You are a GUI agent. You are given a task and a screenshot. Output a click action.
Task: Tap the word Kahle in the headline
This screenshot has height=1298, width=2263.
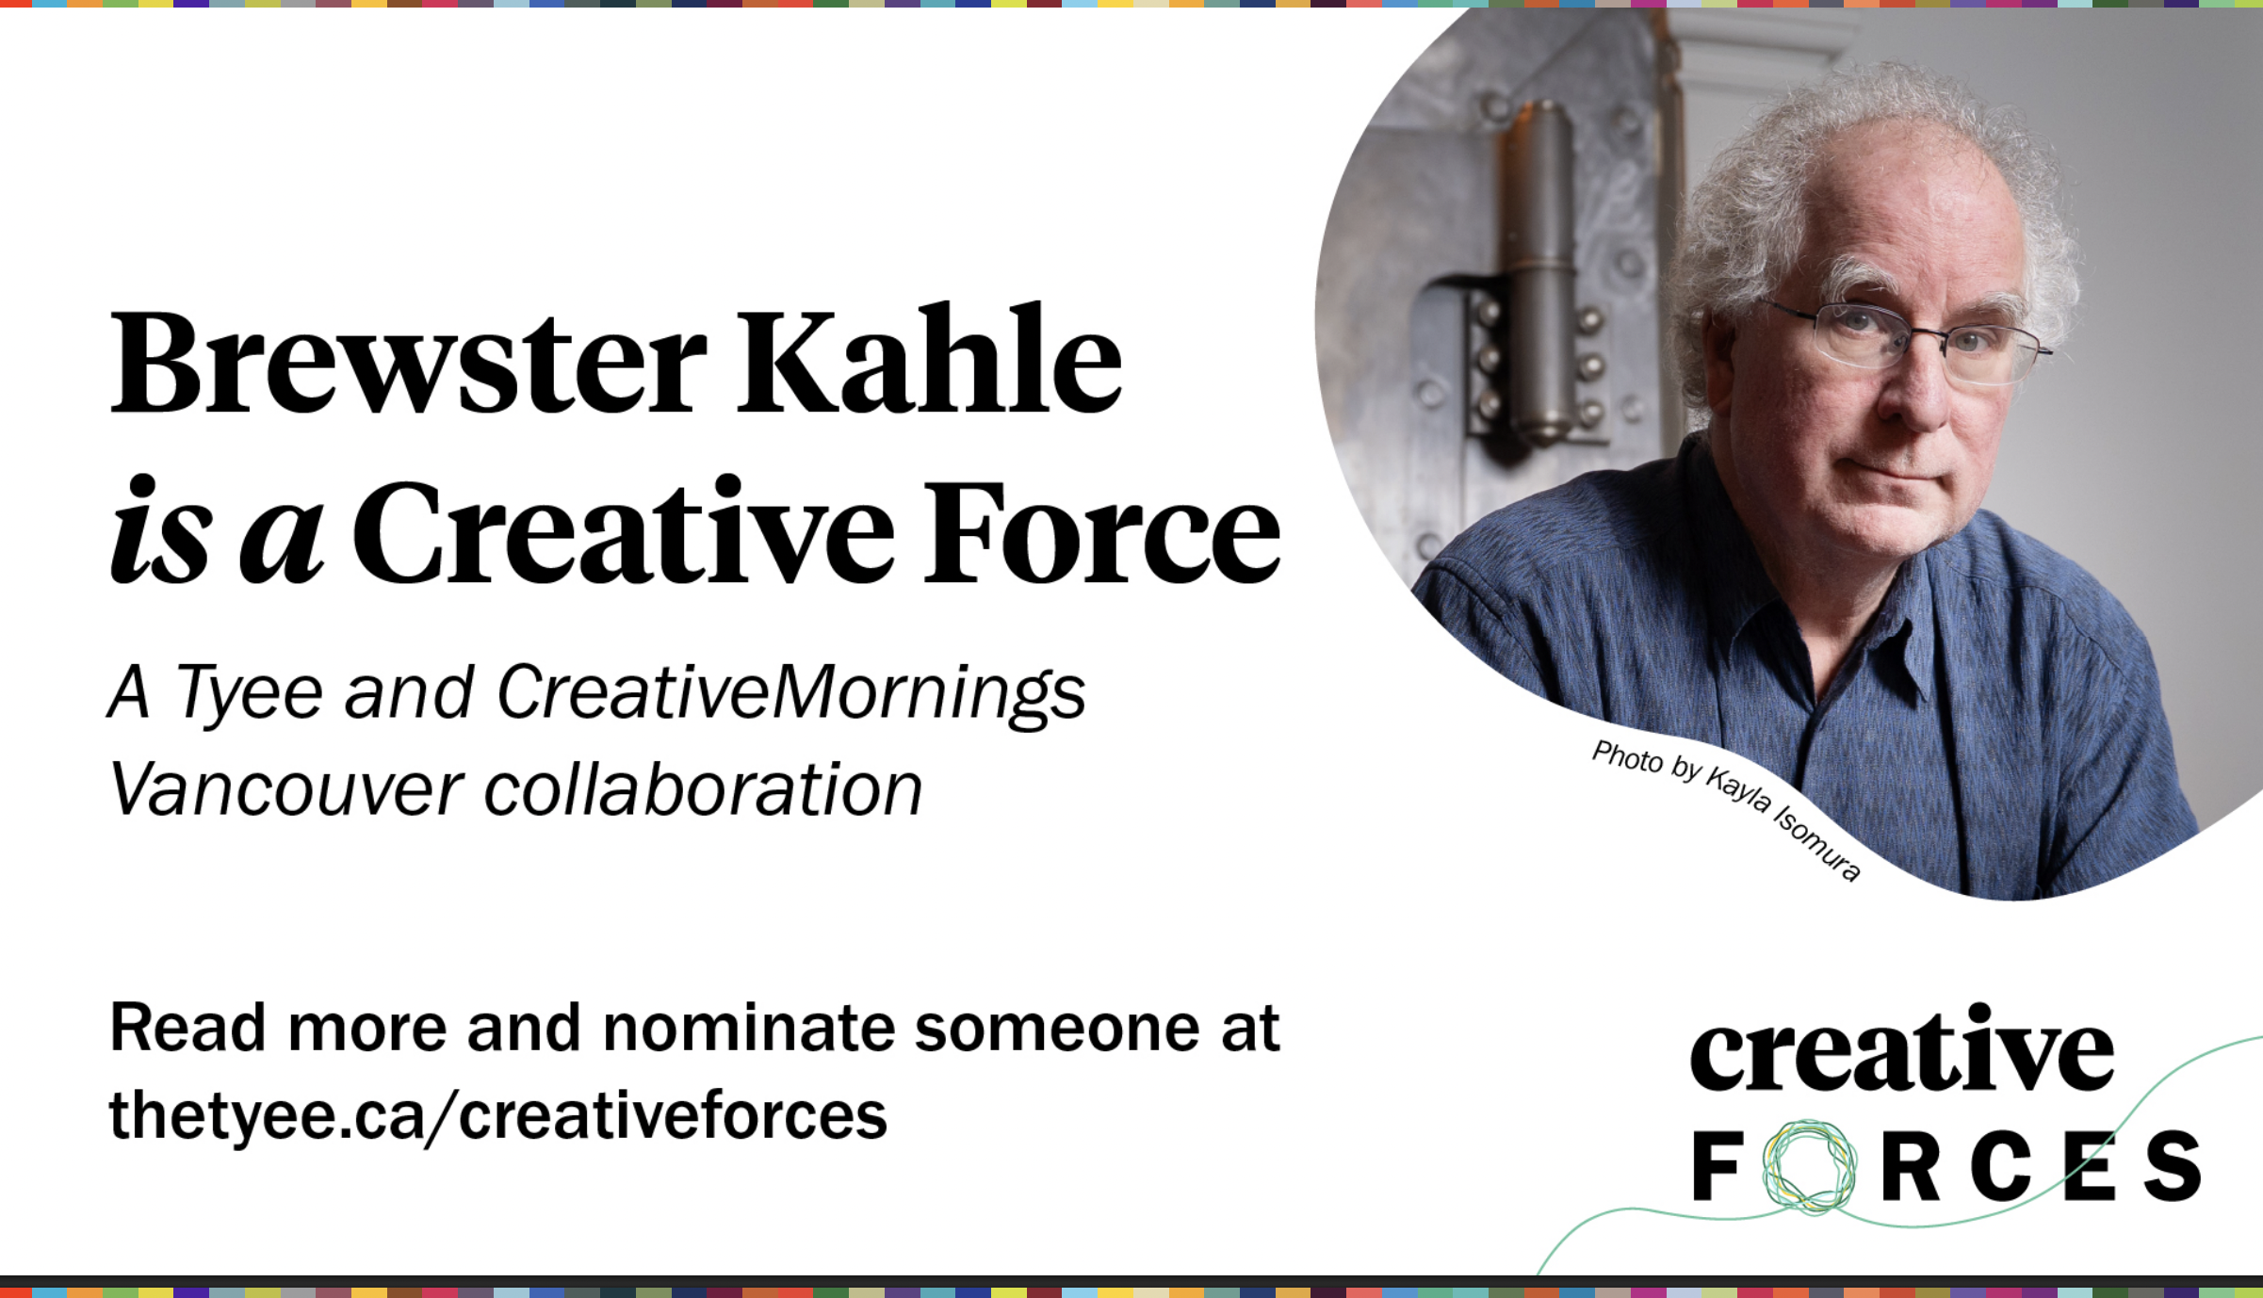(929, 359)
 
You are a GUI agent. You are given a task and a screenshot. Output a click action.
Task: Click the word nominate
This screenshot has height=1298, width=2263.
(749, 1028)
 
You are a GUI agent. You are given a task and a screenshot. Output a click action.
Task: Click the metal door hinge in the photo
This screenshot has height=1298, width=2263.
(1539, 273)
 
